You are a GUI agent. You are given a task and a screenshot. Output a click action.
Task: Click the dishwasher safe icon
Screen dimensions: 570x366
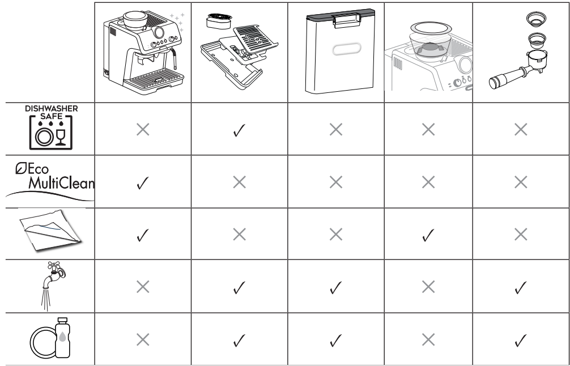51,127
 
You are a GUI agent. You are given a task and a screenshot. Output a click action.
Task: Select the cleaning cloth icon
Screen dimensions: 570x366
50,229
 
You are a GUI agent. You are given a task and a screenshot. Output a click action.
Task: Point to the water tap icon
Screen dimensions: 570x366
52,286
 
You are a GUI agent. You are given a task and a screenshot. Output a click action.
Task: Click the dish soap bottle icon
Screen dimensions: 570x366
50,338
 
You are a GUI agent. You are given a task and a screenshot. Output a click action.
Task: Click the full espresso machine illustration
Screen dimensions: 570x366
143,52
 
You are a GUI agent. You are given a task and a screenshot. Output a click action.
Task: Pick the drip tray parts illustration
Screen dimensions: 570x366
239,51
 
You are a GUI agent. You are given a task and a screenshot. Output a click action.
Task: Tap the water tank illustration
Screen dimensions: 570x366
340,51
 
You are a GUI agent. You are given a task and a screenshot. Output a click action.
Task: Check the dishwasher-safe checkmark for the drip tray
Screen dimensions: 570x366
239,130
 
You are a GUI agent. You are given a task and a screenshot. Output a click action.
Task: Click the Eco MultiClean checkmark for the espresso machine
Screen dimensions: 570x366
143,182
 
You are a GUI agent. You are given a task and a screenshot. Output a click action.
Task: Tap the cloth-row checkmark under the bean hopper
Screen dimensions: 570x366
428,235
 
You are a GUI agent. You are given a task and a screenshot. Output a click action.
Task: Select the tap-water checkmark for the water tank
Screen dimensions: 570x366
335,287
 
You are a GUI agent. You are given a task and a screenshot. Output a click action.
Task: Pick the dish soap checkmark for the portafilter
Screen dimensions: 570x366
521,341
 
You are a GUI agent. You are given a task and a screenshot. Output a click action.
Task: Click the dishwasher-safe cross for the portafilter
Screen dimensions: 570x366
521,129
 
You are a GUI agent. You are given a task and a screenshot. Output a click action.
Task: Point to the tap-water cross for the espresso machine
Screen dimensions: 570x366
143,287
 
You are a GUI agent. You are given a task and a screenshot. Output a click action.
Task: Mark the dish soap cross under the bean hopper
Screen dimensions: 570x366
428,340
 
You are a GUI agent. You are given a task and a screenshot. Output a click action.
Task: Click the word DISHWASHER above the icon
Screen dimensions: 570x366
51,109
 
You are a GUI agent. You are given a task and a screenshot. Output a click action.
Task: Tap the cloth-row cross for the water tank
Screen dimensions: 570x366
336,235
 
